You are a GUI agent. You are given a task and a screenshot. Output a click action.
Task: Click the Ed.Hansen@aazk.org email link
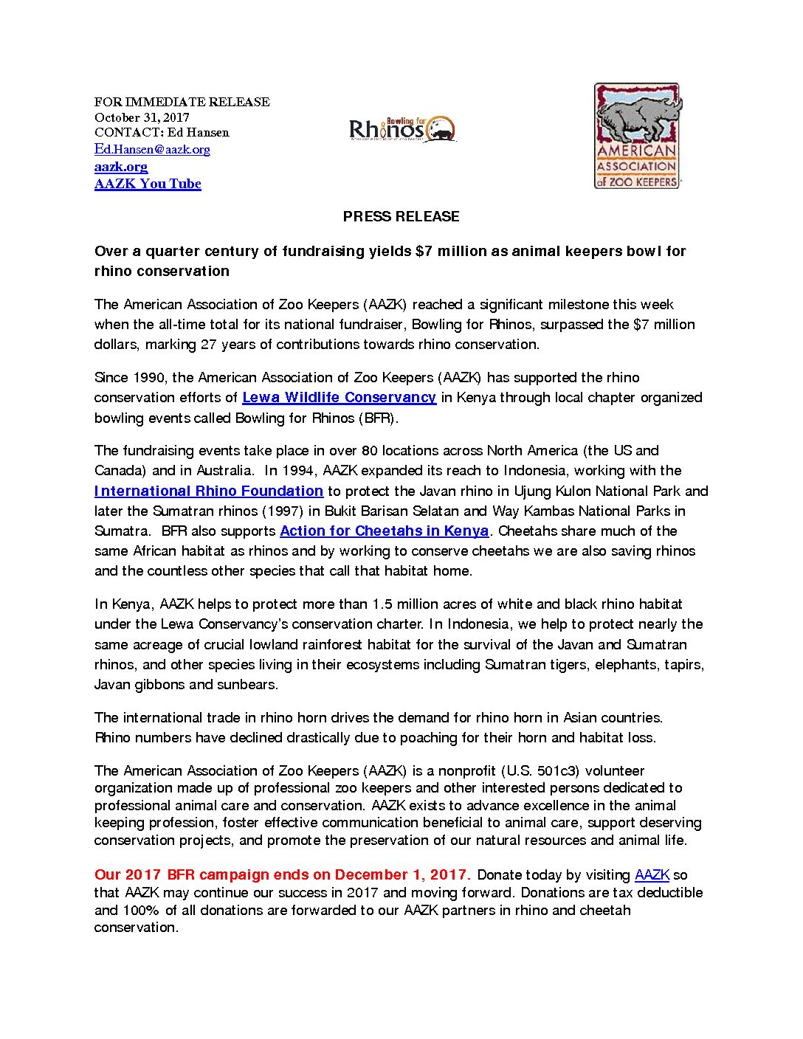(152, 150)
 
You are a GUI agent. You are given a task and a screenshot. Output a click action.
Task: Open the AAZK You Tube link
(148, 184)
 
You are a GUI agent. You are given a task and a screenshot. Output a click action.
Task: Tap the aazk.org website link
(121, 167)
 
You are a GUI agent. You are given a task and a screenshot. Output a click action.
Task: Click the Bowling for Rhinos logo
(402, 129)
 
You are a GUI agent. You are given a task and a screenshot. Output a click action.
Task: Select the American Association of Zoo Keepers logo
(638, 136)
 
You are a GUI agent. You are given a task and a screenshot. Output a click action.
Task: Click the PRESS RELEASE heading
(401, 216)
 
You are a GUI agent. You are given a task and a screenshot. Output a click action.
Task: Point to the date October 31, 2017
(142, 117)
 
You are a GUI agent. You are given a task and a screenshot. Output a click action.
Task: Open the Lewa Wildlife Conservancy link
(339, 398)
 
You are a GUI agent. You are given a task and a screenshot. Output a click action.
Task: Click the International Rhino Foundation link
(209, 491)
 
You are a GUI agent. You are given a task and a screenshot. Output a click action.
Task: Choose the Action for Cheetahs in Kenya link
(384, 531)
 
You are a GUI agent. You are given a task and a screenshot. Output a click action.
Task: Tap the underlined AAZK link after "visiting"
(652, 875)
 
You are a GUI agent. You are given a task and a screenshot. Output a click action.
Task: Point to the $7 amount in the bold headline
(424, 252)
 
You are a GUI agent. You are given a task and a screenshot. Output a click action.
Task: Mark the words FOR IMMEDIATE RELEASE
(182, 102)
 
